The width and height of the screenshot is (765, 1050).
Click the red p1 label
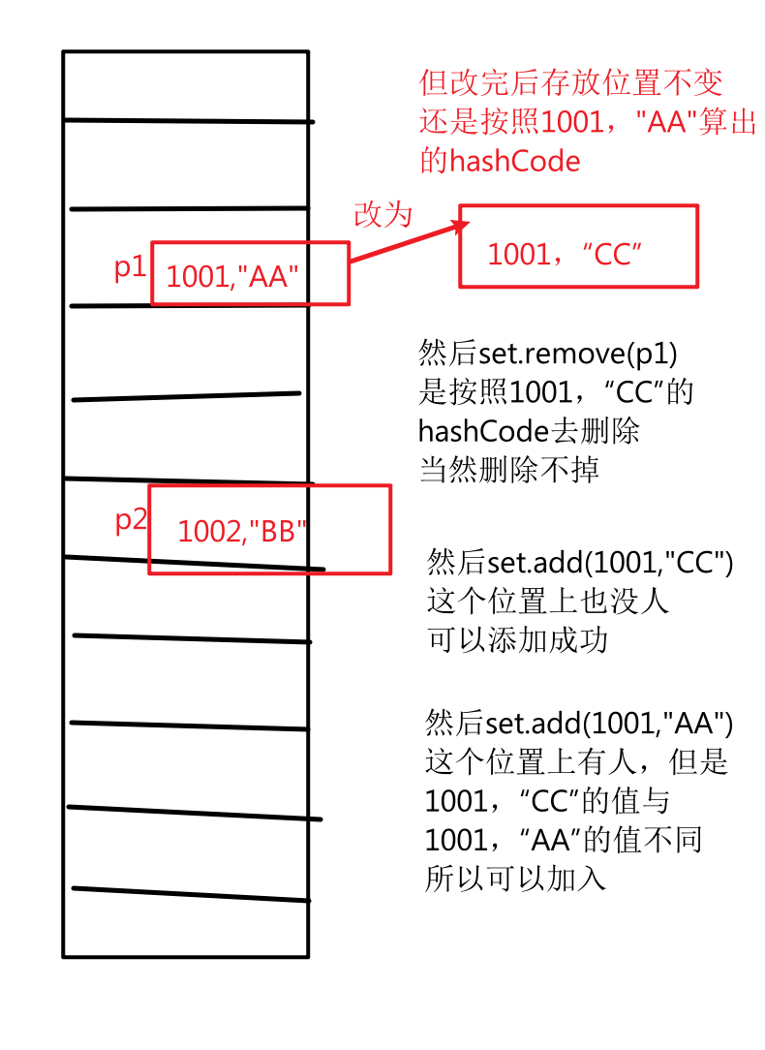(x=130, y=268)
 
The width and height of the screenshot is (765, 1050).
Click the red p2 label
(x=131, y=520)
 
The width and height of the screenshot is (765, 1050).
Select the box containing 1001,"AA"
(x=249, y=274)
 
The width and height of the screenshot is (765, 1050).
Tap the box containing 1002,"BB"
(x=269, y=530)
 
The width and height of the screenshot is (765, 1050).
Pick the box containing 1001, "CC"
(x=578, y=247)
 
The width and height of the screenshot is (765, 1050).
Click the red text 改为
(x=382, y=214)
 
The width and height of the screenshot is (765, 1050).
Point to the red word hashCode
(x=514, y=161)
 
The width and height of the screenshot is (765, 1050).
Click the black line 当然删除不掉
(x=509, y=470)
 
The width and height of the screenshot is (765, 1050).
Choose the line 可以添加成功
(x=517, y=640)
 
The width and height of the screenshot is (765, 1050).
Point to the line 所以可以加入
(x=515, y=879)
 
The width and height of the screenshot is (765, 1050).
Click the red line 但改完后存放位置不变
(x=571, y=83)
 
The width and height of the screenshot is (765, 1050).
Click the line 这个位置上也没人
(x=548, y=602)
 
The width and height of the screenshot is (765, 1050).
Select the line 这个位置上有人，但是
(x=576, y=761)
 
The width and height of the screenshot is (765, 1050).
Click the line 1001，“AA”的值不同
(x=563, y=840)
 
